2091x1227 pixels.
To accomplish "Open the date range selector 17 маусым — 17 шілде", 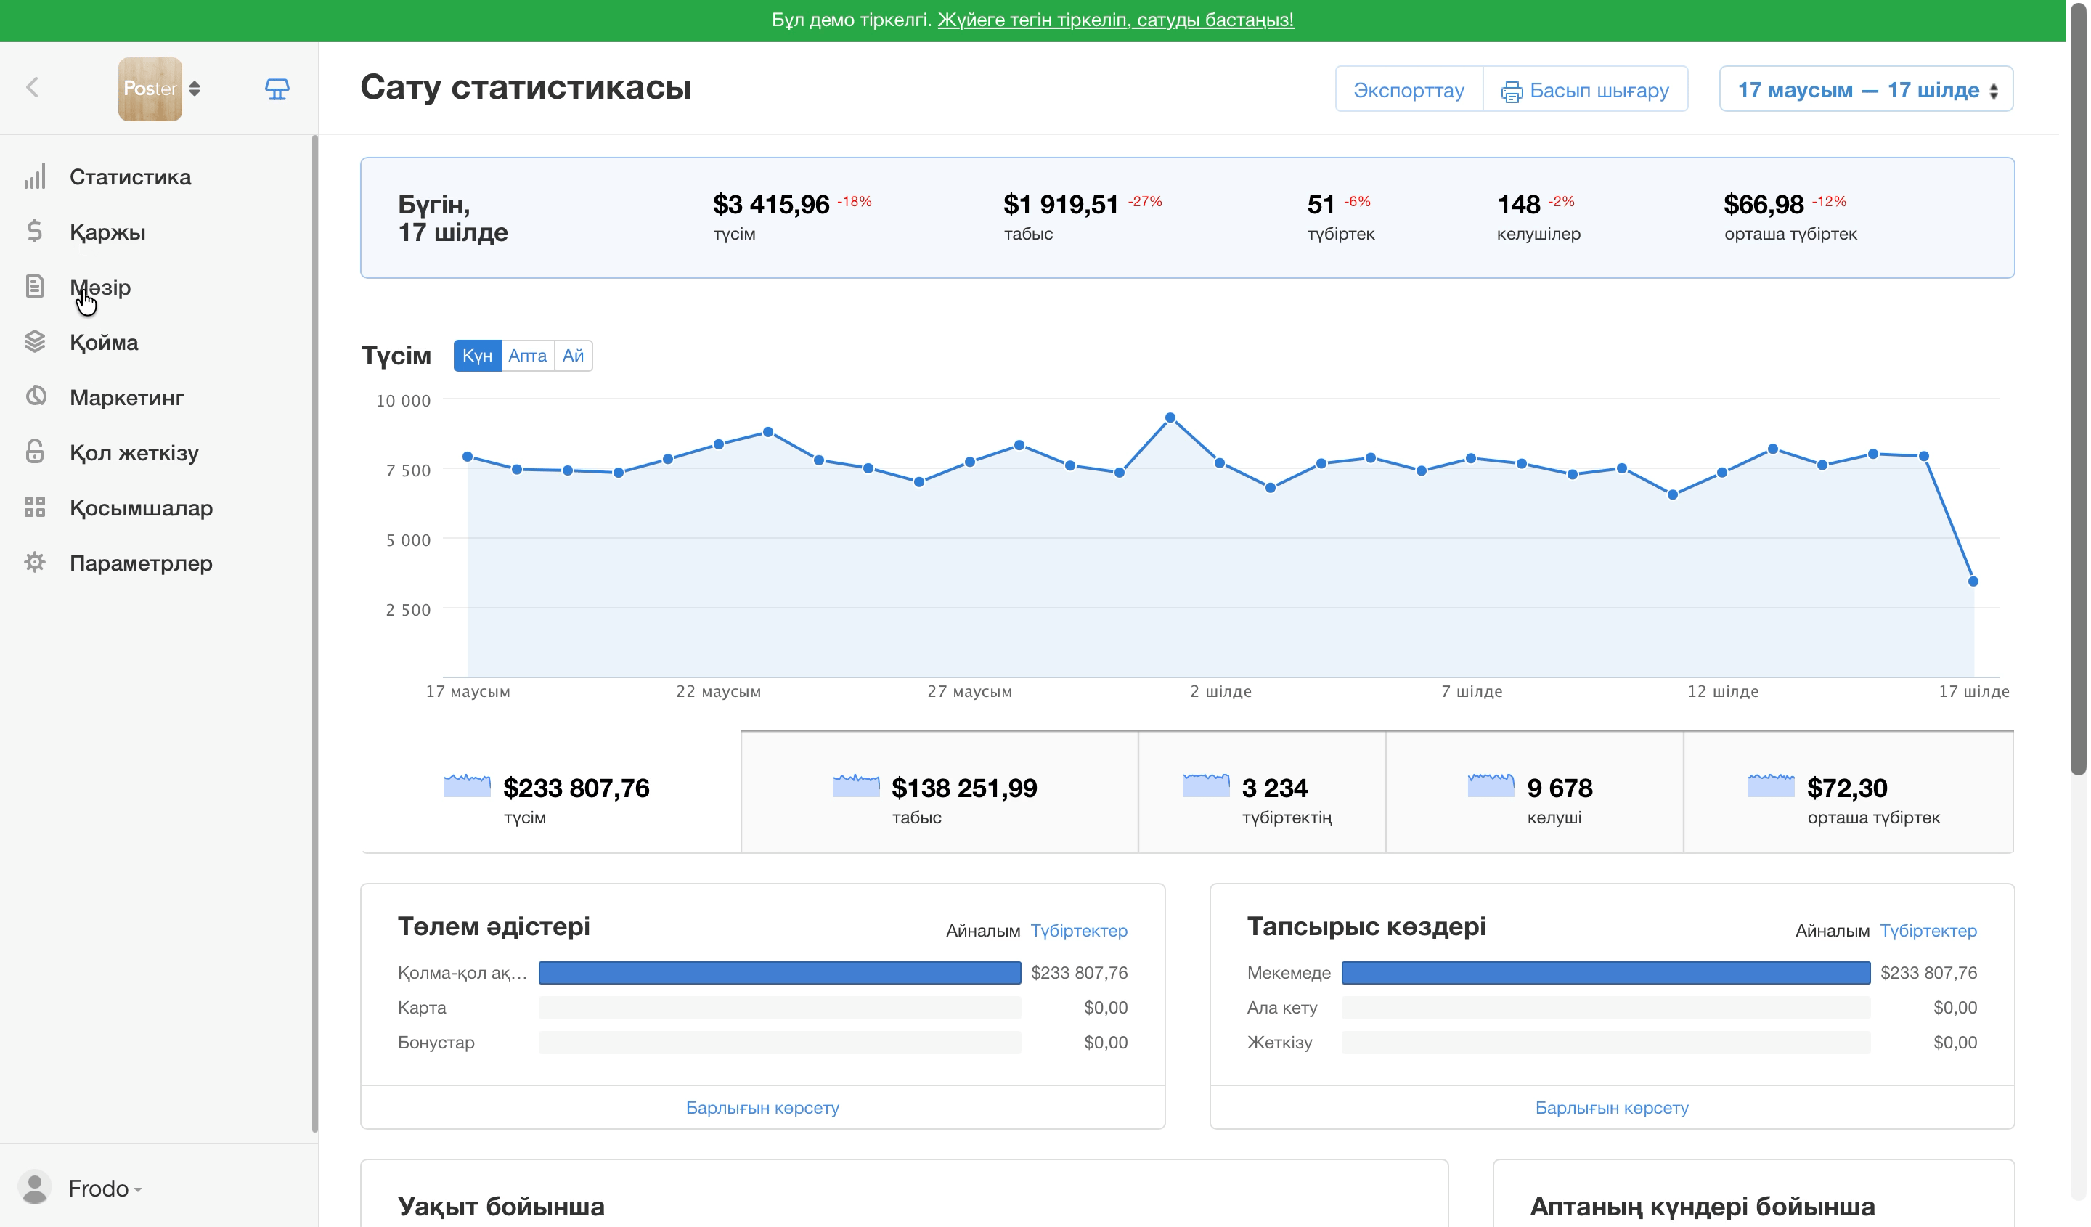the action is click(x=1866, y=89).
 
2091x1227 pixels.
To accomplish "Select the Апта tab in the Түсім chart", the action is click(x=528, y=356).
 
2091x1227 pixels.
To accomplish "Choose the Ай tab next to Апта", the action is click(x=574, y=356).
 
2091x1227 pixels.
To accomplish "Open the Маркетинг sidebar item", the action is click(x=127, y=397).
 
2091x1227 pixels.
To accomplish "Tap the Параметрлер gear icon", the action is click(x=35, y=563).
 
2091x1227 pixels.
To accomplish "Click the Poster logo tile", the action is click(x=150, y=89).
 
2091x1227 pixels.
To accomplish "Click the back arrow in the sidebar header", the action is click(x=33, y=87).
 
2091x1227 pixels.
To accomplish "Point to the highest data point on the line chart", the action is click(x=1170, y=418).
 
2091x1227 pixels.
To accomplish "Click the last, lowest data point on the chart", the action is click(x=1973, y=582).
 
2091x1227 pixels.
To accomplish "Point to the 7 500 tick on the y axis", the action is click(x=408, y=470).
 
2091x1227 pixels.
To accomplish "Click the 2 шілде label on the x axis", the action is click(x=1220, y=691).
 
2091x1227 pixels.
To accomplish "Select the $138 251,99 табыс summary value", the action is click(x=964, y=788).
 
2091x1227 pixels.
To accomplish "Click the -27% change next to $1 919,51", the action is click(x=1145, y=202).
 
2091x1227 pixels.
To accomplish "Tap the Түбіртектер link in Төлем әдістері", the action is click(x=1079, y=931).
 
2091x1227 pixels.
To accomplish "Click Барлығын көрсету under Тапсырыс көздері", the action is click(x=1611, y=1107).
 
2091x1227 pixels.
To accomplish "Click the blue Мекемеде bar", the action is click(x=1605, y=972).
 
